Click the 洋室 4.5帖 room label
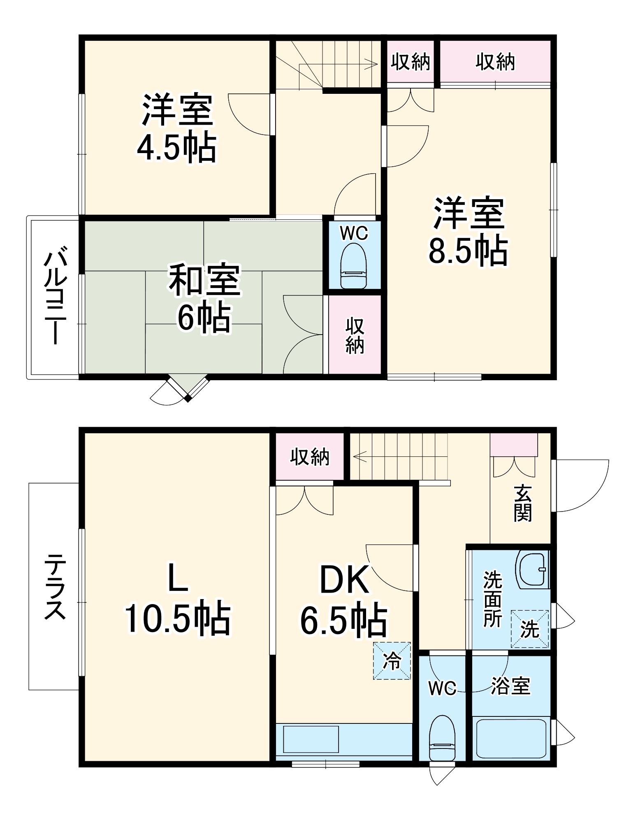(177, 128)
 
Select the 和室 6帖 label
(204, 299)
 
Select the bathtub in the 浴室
(510, 739)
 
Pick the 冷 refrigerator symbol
(392, 661)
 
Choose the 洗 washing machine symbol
(529, 629)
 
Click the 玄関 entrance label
(522, 504)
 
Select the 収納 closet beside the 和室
(355, 335)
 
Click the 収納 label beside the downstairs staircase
(309, 457)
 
